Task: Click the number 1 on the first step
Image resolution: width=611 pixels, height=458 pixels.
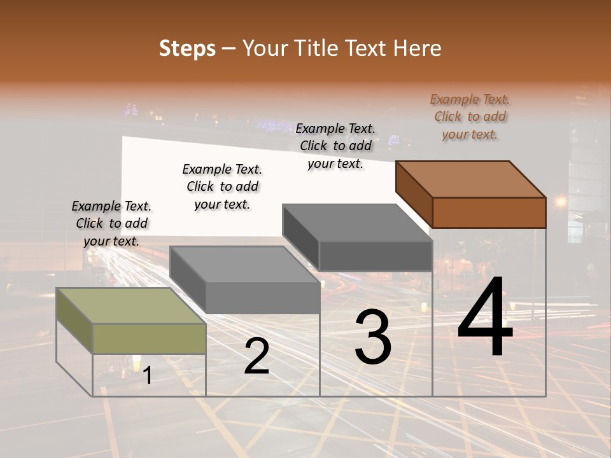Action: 148,376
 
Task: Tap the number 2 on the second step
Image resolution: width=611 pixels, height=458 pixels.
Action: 256,356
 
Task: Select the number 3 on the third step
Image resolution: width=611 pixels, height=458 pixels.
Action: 373,337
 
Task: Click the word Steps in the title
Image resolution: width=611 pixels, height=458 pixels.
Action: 187,48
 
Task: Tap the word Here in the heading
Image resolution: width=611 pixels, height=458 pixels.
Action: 418,48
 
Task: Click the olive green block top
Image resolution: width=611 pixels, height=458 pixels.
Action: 131,306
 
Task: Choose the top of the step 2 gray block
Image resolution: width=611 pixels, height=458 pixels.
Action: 244,264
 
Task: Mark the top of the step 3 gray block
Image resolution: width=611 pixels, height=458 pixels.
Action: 357,223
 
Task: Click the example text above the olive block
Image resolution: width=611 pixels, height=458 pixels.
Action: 111,223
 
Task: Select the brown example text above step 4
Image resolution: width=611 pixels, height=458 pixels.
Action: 470,116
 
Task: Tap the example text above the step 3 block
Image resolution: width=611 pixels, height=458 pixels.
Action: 335,146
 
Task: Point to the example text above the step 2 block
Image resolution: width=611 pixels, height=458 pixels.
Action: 222,186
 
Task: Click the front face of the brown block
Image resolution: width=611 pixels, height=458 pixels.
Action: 489,212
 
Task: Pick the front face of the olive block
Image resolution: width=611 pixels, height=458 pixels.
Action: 149,338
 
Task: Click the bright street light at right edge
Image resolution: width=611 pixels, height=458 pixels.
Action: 560,202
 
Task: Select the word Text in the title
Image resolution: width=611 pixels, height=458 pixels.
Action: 370,48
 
